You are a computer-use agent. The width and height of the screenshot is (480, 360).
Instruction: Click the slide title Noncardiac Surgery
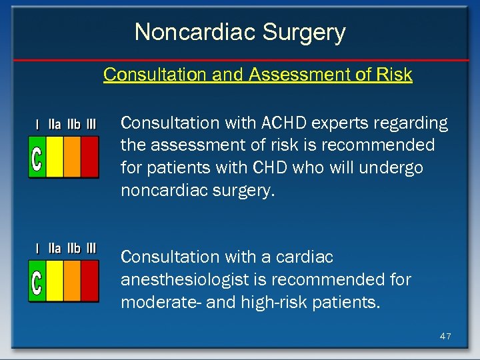pyautogui.click(x=240, y=32)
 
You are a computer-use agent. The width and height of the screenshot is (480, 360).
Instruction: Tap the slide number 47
pyautogui.click(x=445, y=336)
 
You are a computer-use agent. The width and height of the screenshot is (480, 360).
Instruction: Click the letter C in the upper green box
pyautogui.click(x=37, y=157)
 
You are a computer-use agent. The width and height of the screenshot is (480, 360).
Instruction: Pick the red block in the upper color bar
pyautogui.click(x=89, y=157)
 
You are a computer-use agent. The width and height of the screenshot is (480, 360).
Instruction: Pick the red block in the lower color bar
pyautogui.click(x=89, y=281)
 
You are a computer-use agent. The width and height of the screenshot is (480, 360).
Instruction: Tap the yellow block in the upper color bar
pyautogui.click(x=55, y=157)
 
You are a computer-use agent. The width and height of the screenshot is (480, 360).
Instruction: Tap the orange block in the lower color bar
pyautogui.click(x=72, y=281)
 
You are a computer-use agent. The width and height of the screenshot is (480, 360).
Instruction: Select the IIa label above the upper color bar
pyautogui.click(x=55, y=124)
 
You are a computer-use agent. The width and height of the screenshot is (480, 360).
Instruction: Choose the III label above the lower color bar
pyautogui.click(x=90, y=248)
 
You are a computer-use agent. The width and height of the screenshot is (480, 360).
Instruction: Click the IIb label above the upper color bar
pyautogui.click(x=73, y=124)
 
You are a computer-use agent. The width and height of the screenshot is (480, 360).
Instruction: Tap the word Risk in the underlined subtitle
pyautogui.click(x=394, y=75)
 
